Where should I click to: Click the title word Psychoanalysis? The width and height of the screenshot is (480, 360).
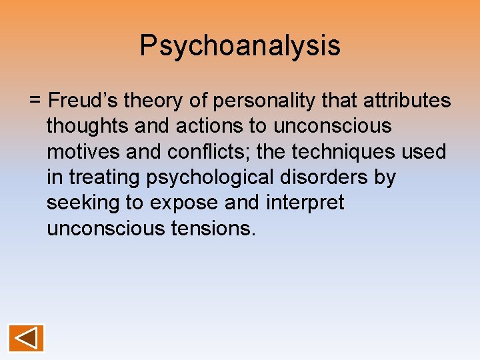pyautogui.click(x=240, y=46)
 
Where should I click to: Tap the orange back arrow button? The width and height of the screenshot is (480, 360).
pyautogui.click(x=27, y=338)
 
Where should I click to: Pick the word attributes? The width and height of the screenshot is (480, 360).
pyautogui.click(x=406, y=101)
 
